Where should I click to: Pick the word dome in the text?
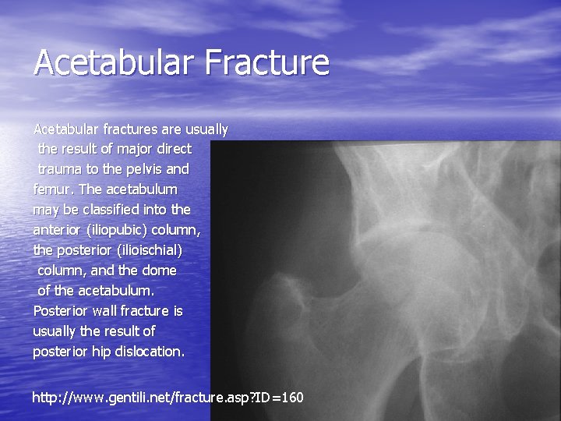click(159, 271)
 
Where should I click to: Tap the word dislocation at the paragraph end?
click(148, 352)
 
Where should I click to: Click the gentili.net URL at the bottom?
click(168, 398)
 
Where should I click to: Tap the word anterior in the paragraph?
click(58, 230)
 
